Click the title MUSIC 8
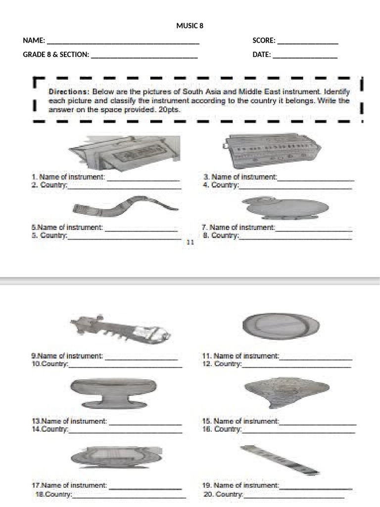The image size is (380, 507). point(190,26)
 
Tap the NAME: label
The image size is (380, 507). point(34,41)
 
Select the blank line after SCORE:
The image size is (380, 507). point(307,43)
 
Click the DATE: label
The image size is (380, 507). point(262,55)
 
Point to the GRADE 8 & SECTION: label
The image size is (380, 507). point(56,55)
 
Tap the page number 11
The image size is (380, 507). point(190,242)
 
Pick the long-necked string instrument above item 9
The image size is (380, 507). point(121,329)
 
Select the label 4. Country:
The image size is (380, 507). point(221,185)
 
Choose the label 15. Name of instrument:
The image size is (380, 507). point(241,421)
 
